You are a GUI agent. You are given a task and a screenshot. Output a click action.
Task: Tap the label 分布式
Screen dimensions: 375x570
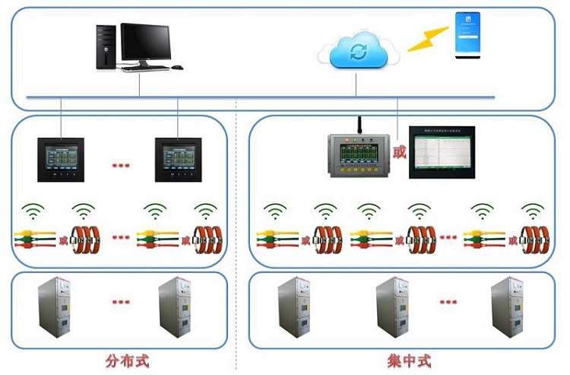coord(127,360)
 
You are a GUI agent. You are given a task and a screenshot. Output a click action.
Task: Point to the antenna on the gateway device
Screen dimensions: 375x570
coord(359,126)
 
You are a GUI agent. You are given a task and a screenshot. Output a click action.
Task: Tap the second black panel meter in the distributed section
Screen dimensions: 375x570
coord(177,159)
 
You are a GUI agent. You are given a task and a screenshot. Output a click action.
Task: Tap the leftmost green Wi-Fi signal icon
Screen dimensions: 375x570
coord(32,210)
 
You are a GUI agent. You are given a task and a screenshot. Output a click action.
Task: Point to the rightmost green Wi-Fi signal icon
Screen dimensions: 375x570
coord(534,210)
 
